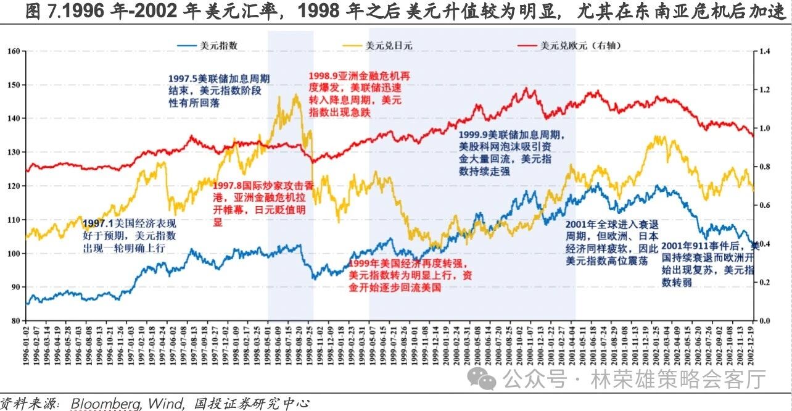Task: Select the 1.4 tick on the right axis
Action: click(765, 51)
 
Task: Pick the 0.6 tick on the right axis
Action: click(765, 205)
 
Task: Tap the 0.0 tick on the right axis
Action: click(765, 321)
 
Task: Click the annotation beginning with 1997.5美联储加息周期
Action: click(219, 89)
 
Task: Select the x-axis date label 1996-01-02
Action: click(27, 346)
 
